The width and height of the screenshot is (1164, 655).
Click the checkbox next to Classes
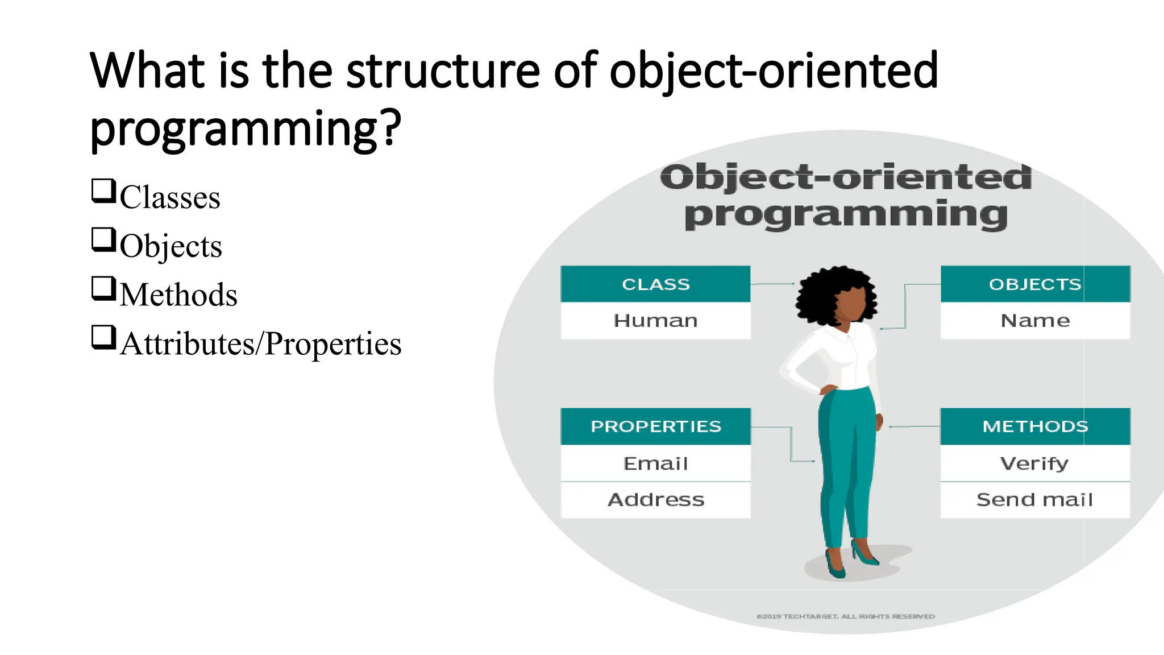point(103,191)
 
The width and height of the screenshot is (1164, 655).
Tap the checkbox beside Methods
point(103,288)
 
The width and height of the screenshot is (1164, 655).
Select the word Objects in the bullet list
point(171,246)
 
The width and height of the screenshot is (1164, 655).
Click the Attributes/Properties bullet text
point(261,344)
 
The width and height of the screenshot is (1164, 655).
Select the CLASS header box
point(655,284)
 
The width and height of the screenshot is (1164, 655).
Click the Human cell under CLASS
point(655,321)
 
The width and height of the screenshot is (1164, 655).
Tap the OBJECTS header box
point(1035,284)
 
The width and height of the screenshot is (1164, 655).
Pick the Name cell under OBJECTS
point(1035,321)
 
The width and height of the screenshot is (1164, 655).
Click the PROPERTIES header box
point(655,426)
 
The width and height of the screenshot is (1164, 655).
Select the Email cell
point(655,463)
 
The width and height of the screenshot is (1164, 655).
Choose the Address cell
point(655,500)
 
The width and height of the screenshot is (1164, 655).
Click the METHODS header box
point(1035,426)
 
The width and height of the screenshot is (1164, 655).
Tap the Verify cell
point(1035,463)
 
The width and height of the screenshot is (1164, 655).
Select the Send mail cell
point(1035,500)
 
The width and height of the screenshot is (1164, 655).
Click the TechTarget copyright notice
point(845,616)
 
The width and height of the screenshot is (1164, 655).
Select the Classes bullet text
point(169,197)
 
